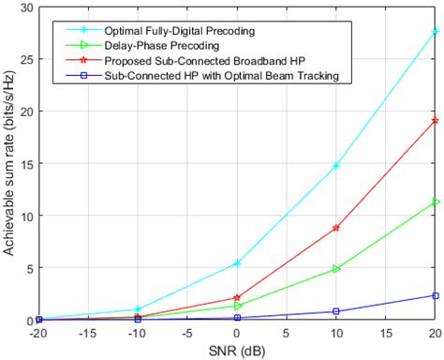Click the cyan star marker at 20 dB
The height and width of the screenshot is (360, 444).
436,31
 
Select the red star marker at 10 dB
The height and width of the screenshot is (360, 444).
336,228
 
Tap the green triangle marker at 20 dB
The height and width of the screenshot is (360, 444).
436,202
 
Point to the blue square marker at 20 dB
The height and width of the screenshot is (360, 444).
436,295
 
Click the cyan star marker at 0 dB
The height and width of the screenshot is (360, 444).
237,263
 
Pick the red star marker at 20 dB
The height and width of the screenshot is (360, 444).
436,120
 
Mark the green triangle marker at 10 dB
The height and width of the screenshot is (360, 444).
336,269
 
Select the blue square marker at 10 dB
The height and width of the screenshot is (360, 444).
336,311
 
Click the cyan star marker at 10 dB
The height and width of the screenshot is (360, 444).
336,166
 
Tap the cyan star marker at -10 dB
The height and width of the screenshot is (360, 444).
138,309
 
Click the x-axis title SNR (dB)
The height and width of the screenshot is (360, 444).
237,350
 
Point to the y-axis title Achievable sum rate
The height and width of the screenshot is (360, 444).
9,164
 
